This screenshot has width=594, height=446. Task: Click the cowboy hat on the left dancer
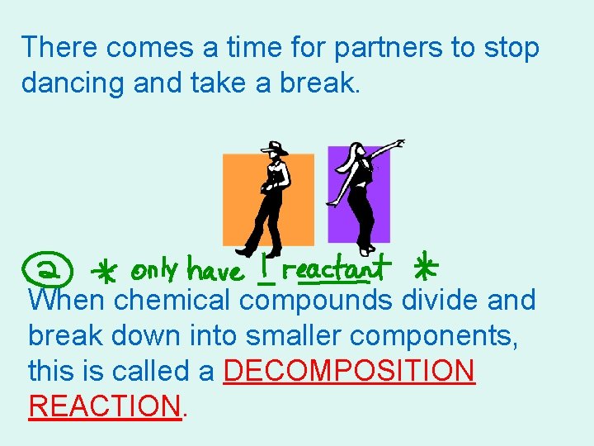[275, 149]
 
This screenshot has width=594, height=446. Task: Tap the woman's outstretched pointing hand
[399, 144]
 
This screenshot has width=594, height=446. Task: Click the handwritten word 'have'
[215, 270]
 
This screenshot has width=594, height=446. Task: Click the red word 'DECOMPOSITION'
[349, 372]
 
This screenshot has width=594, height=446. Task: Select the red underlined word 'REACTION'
[104, 406]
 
